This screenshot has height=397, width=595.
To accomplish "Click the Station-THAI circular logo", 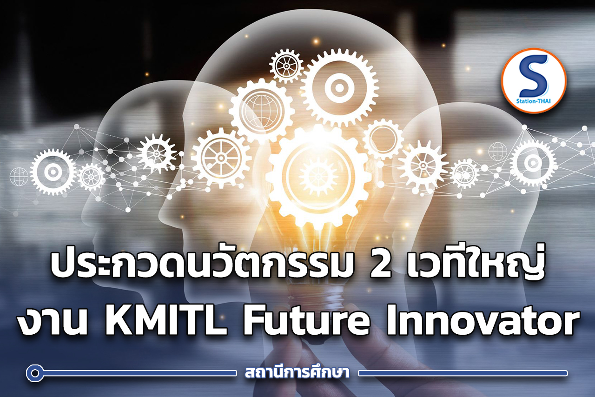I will [533, 80].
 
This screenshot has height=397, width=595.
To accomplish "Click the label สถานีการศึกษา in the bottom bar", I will [297, 373].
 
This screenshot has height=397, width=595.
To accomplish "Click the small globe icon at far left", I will [19, 177].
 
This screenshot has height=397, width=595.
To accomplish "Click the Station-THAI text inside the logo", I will [533, 104].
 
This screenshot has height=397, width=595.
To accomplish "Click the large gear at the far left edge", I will [53, 172].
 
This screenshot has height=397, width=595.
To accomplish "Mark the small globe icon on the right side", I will [498, 151].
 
